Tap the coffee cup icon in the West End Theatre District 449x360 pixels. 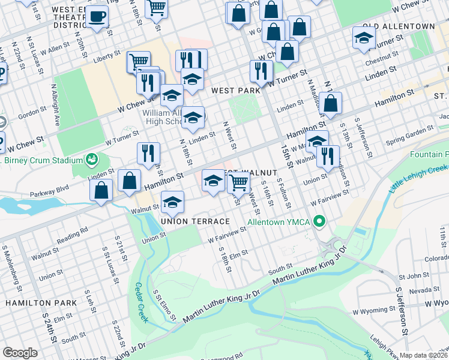(x=97, y=16)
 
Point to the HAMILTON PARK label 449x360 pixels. (x=41, y=303)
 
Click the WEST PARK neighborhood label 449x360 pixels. (x=236, y=90)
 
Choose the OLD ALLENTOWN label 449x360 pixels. (x=399, y=27)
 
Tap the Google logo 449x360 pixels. (x=20, y=353)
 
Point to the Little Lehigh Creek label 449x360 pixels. (x=418, y=180)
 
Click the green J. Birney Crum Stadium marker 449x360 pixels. (x=91, y=160)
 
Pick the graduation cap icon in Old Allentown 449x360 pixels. (x=364, y=37)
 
